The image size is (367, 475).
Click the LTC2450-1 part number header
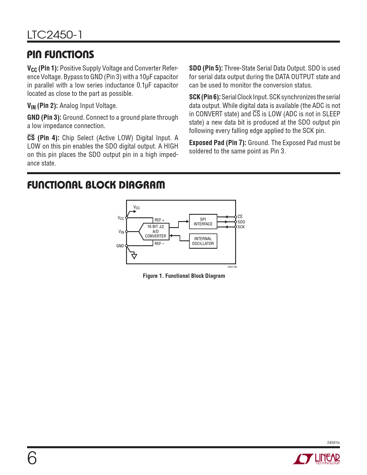[x=55, y=35]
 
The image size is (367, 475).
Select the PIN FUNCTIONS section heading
[x=60, y=54]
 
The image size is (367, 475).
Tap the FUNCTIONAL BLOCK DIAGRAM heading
[x=96, y=185]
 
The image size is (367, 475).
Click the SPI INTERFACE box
[x=203, y=221]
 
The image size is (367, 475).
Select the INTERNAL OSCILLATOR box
[x=203, y=241]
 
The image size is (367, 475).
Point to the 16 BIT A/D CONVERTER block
[x=154, y=231]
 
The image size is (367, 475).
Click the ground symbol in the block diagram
[x=134, y=256]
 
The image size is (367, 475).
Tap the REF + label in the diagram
[x=159, y=220]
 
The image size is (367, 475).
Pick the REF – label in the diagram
[x=159, y=244]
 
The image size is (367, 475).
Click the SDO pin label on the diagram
[x=241, y=222]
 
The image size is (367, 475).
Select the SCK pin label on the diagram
[x=241, y=227]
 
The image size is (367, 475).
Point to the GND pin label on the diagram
[x=120, y=246]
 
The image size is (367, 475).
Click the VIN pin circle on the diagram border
[x=127, y=231]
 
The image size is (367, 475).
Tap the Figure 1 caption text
[x=184, y=276]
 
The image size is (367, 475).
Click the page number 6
[x=32, y=458]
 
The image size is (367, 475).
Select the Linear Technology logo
[x=316, y=459]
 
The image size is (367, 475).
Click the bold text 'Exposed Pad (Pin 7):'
[x=218, y=143]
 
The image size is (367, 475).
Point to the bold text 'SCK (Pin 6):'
[x=205, y=97]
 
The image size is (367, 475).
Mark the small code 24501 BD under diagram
[x=232, y=267]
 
